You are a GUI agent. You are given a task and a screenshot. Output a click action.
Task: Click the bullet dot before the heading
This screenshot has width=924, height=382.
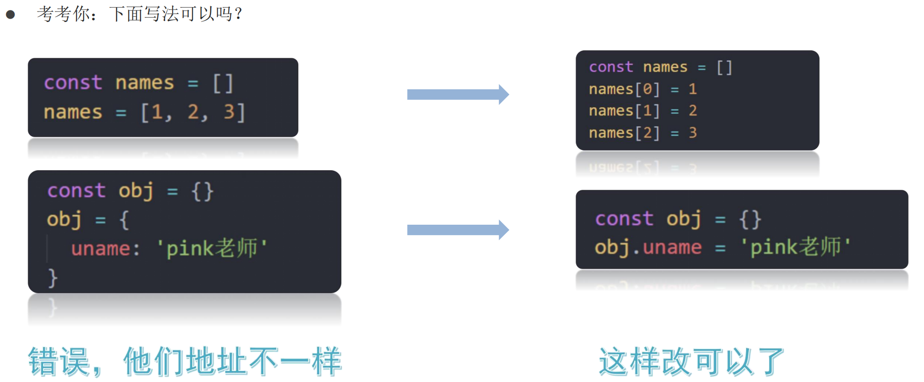tap(11, 15)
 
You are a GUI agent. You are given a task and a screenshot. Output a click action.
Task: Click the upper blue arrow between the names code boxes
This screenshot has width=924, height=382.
tap(457, 95)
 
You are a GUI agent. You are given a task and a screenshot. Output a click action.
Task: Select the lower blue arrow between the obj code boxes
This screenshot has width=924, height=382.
tap(457, 230)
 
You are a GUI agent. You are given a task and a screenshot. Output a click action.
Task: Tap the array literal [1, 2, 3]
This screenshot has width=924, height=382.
tap(193, 112)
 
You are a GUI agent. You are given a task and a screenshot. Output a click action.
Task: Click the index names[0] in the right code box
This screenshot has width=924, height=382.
tap(624, 89)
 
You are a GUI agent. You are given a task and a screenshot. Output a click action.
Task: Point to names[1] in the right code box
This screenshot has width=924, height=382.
tap(624, 111)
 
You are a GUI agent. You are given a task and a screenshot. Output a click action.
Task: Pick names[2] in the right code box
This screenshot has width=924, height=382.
tap(624, 133)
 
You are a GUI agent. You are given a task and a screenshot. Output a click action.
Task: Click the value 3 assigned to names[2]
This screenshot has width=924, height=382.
tap(693, 133)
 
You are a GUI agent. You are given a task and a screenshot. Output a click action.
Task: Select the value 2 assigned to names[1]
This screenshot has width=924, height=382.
tap(693, 111)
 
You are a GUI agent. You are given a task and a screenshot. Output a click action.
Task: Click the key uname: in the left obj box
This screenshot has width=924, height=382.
tap(105, 249)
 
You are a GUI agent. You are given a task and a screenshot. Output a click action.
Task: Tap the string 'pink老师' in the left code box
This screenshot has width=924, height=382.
tap(212, 249)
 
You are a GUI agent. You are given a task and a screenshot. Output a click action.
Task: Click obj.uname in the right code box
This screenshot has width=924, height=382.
tap(648, 247)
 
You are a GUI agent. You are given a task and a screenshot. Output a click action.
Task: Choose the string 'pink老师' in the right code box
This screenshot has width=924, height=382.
tap(795, 247)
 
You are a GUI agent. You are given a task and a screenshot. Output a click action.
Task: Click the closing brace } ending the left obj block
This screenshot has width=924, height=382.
tap(53, 278)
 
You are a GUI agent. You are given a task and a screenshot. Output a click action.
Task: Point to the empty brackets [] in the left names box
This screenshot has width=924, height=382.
tap(223, 83)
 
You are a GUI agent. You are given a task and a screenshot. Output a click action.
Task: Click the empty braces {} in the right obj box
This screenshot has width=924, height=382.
tap(750, 219)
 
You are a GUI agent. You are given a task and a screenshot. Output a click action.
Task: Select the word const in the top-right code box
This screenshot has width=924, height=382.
tap(611, 67)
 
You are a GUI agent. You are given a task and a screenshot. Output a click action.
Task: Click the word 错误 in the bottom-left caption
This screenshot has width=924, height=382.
tap(59, 361)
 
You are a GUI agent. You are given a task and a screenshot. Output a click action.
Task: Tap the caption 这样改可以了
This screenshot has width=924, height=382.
tap(691, 361)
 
